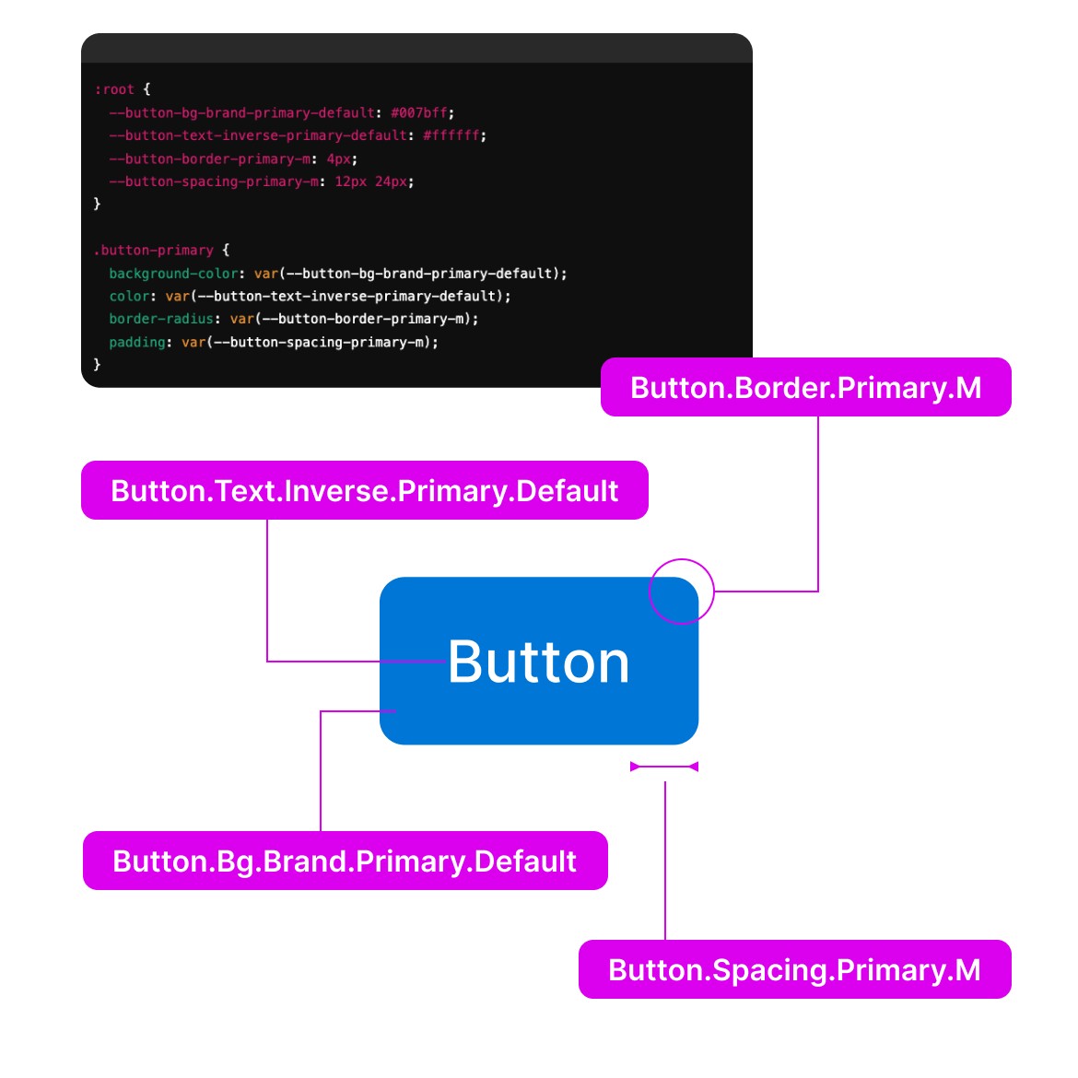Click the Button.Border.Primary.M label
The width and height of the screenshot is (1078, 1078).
tap(805, 388)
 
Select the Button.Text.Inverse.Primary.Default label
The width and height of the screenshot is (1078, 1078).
tap(364, 490)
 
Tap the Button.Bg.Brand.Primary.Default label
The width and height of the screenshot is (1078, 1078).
tap(345, 861)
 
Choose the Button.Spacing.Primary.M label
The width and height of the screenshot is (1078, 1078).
tap(794, 970)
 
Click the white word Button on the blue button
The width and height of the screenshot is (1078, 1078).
tap(539, 662)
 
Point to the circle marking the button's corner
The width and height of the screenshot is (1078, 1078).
tap(682, 592)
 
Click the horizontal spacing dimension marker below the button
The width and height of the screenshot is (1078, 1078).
tap(664, 767)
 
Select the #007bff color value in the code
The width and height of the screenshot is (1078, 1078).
tap(419, 112)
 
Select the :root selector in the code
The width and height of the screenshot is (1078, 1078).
tap(114, 89)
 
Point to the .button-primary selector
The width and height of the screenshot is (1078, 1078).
tap(154, 250)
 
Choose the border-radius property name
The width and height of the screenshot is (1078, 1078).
tap(161, 319)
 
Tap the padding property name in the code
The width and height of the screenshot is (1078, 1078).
tap(137, 342)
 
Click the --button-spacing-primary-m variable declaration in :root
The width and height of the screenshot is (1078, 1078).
tap(213, 182)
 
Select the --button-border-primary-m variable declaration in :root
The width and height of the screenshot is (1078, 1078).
tap(209, 158)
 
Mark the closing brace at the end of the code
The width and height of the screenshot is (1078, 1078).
tap(97, 365)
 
